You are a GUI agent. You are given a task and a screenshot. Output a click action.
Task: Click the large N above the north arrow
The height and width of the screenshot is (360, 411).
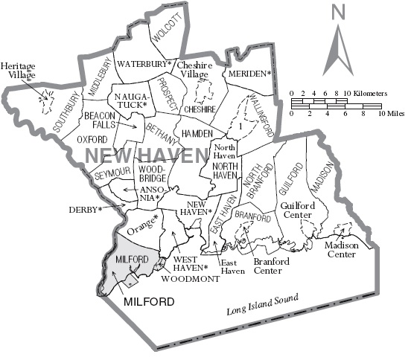(340, 13)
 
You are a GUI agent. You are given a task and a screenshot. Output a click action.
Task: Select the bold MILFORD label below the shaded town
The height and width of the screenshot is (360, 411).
(150, 301)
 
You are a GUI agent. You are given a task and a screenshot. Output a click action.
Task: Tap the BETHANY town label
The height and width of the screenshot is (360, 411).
(162, 134)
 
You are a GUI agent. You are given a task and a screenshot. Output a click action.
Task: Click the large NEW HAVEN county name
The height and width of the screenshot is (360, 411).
(144, 156)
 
